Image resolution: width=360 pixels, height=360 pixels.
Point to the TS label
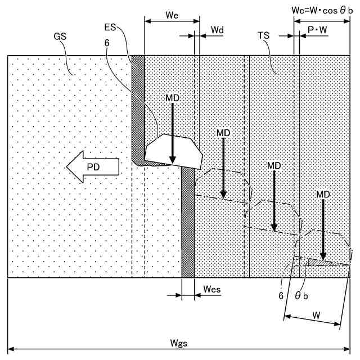(x=263, y=35)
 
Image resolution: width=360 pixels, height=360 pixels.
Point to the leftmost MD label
(x=173, y=98)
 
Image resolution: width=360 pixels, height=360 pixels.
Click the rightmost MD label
(x=323, y=193)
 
